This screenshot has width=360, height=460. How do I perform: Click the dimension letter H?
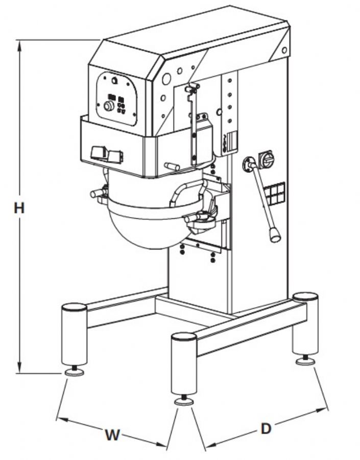(x=19, y=209)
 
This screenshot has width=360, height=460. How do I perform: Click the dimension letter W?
(x=112, y=435)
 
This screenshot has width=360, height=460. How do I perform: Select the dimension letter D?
(x=266, y=429)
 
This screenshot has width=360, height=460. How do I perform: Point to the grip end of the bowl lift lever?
(x=275, y=235)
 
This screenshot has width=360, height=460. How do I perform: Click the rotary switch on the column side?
(x=267, y=159)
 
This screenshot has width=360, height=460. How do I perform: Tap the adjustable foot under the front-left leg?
(x=75, y=371)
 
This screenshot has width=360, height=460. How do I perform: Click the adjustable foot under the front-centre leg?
(x=184, y=401)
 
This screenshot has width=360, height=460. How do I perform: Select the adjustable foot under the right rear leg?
(x=306, y=360)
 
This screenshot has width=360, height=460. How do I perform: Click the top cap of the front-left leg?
(x=74, y=307)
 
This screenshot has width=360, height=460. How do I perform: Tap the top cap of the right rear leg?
(x=305, y=296)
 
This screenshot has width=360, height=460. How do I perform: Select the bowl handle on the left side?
(x=98, y=194)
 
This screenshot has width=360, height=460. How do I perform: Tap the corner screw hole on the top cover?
(x=284, y=50)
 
